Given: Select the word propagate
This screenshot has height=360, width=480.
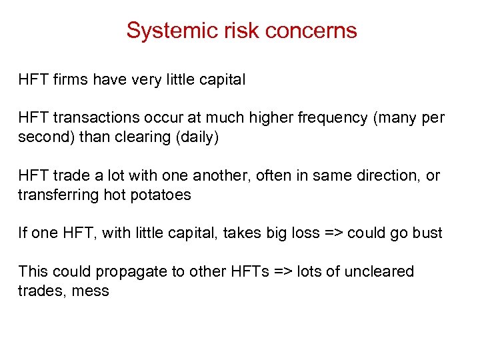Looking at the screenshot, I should click(128, 271).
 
